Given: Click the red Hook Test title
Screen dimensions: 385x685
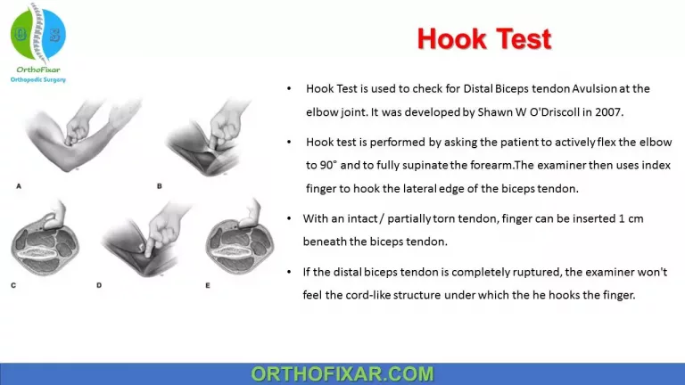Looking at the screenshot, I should [x=484, y=39].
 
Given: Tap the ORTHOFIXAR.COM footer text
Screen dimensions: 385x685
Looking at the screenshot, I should [x=342, y=373].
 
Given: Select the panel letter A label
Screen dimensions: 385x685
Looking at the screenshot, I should [x=19, y=186].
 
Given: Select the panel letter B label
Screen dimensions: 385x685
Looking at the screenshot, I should [x=159, y=186].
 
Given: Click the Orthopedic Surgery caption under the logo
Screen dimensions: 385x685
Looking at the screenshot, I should [x=37, y=79].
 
